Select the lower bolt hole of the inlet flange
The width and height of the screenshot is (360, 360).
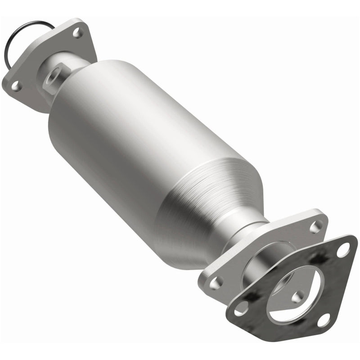click(15, 85)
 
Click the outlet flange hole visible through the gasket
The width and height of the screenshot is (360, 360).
click(297, 297)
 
